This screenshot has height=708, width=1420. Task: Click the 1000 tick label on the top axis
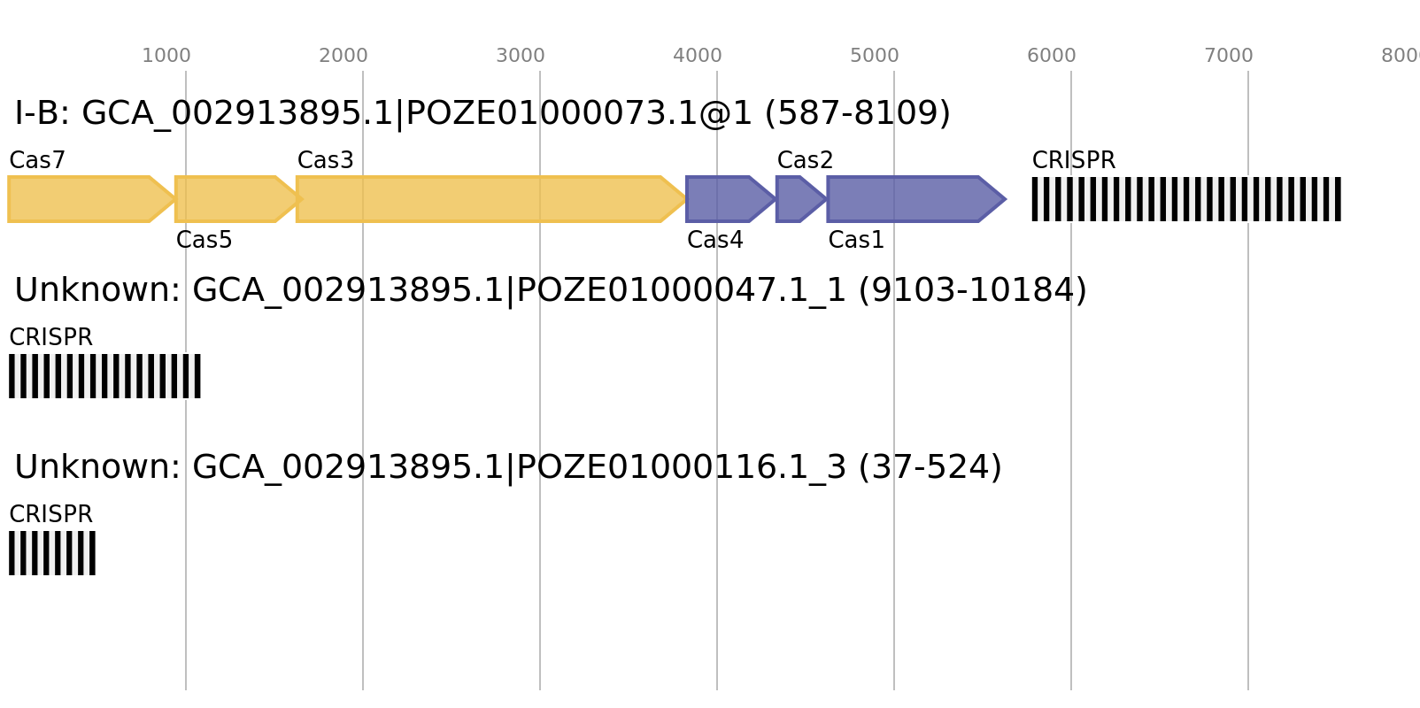coord(166,56)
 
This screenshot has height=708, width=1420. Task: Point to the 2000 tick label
coord(343,56)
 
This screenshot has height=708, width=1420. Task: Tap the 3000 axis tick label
coord(521,56)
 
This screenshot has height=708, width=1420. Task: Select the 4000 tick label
coord(698,56)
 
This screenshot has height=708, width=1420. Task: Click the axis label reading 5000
coord(875,56)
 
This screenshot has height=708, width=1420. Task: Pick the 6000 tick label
coord(1052,56)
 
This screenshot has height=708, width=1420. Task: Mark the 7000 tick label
coord(1229,56)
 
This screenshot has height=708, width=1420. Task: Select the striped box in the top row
coord(1186,199)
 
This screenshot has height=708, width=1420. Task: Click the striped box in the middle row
coord(104,376)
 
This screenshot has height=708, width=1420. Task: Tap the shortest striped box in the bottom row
coord(52,553)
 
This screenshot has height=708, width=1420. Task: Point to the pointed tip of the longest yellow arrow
coord(684,199)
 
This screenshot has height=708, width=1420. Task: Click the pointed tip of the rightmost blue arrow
coord(1006,199)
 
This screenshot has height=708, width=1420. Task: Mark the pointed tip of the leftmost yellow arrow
coord(173,199)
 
